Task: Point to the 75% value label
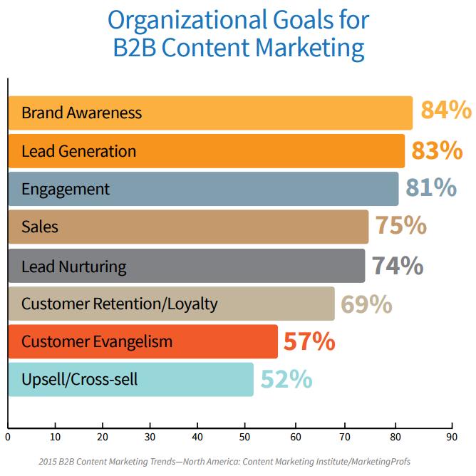401,226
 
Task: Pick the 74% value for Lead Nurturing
398,265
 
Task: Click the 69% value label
366,304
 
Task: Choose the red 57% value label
309,341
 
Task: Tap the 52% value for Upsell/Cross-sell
286,379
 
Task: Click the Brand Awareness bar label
81,113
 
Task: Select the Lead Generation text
78,151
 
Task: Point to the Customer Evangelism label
97,342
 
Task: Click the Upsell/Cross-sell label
79,380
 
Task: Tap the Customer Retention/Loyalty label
119,304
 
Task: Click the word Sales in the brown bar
40,227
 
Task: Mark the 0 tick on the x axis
8,436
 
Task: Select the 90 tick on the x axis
450,436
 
